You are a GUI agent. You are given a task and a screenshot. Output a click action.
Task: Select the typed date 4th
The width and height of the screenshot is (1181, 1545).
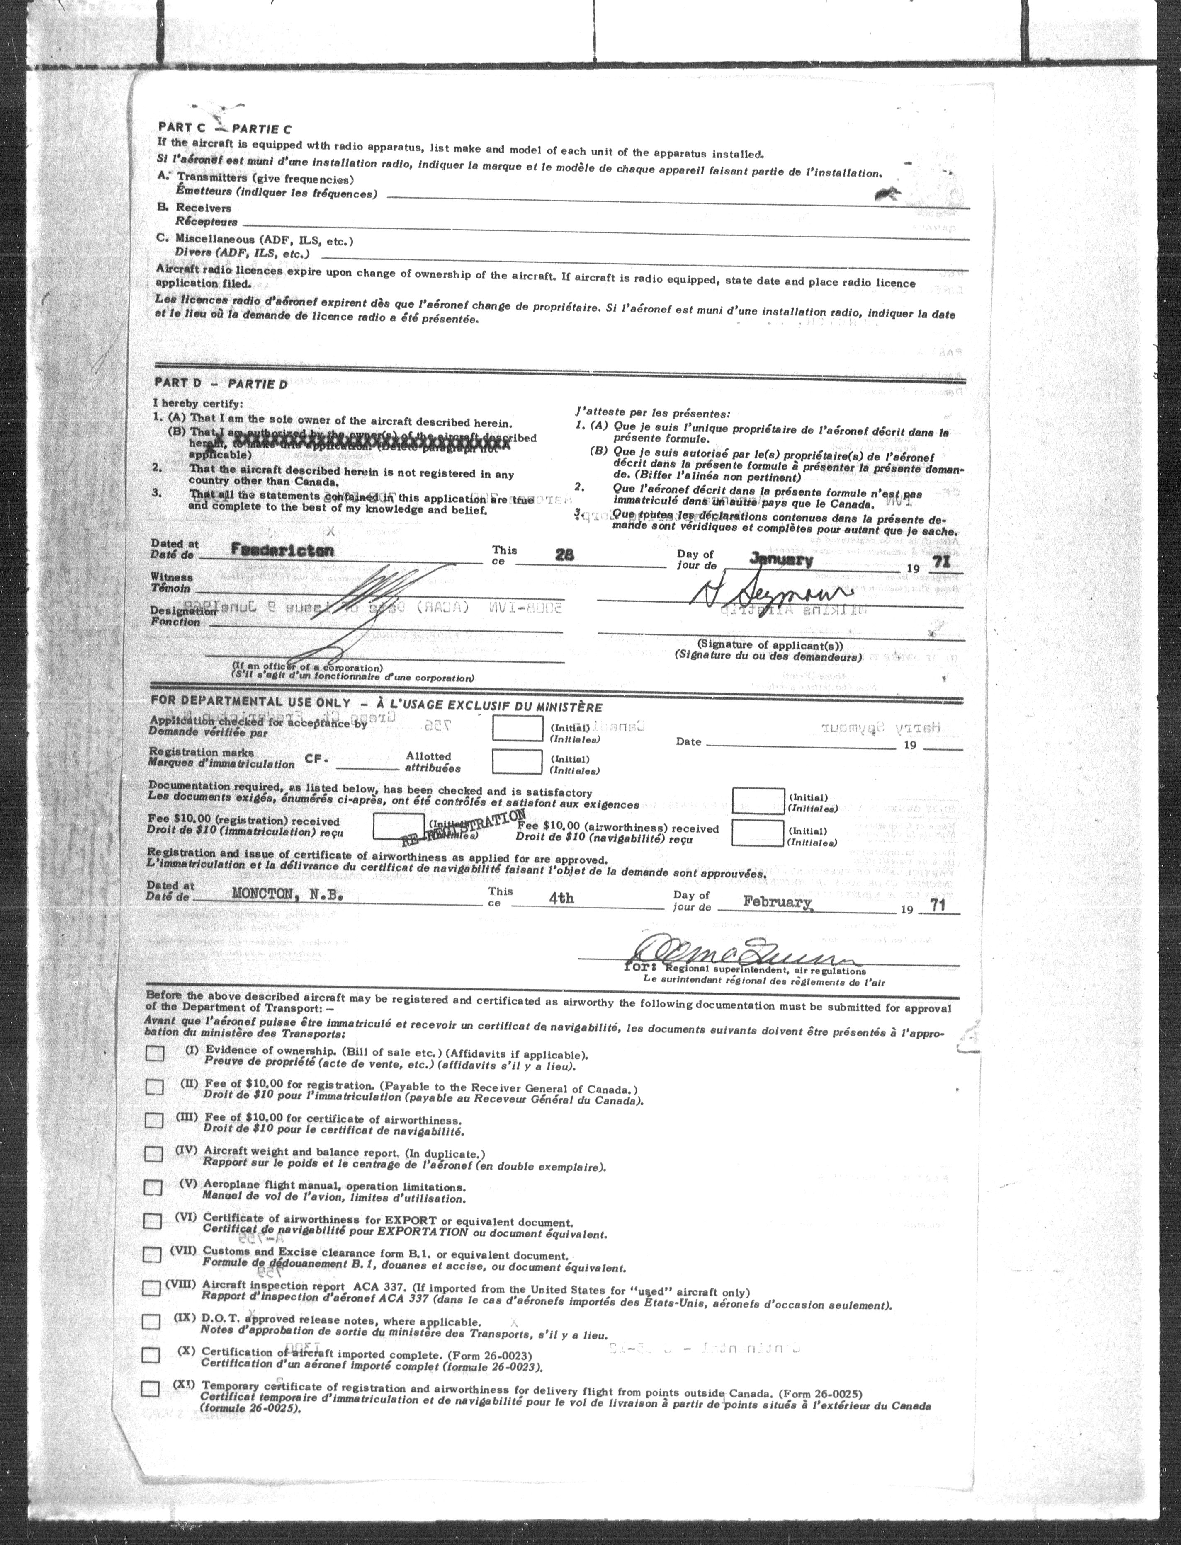[x=561, y=898]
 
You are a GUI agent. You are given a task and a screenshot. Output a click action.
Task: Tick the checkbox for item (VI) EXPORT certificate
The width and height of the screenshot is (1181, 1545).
[x=152, y=1221]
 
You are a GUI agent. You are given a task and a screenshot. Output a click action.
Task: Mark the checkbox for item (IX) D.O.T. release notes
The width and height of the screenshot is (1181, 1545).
[x=151, y=1322]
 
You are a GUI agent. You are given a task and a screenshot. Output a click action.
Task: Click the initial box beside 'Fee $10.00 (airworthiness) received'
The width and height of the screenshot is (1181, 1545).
[x=757, y=833]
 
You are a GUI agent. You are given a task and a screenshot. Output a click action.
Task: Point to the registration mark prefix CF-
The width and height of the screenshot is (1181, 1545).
[x=317, y=759]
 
